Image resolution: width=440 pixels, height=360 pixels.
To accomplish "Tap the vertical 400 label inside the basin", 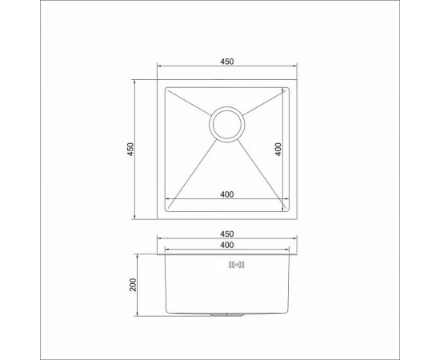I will pos(278,149).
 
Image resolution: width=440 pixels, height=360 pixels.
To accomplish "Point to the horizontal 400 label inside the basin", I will pos(227,193).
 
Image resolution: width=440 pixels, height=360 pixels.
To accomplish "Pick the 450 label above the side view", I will pos(227,234).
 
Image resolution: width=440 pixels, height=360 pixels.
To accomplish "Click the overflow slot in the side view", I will pos(236,264).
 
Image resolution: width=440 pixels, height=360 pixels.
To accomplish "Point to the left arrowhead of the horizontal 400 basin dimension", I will pos(167,199).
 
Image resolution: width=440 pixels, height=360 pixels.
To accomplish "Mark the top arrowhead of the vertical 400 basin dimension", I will pos(285,90).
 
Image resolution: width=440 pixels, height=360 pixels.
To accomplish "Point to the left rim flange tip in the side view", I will pos(157,255).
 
